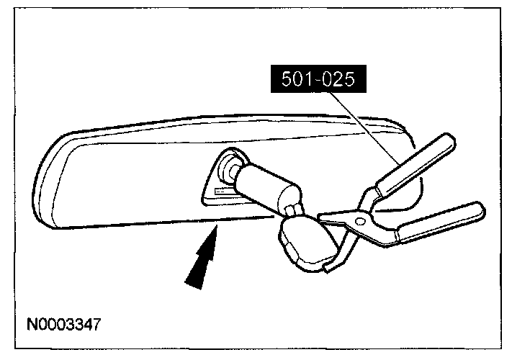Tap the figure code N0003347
[x=64, y=323]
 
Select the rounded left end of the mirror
[x=45, y=180]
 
